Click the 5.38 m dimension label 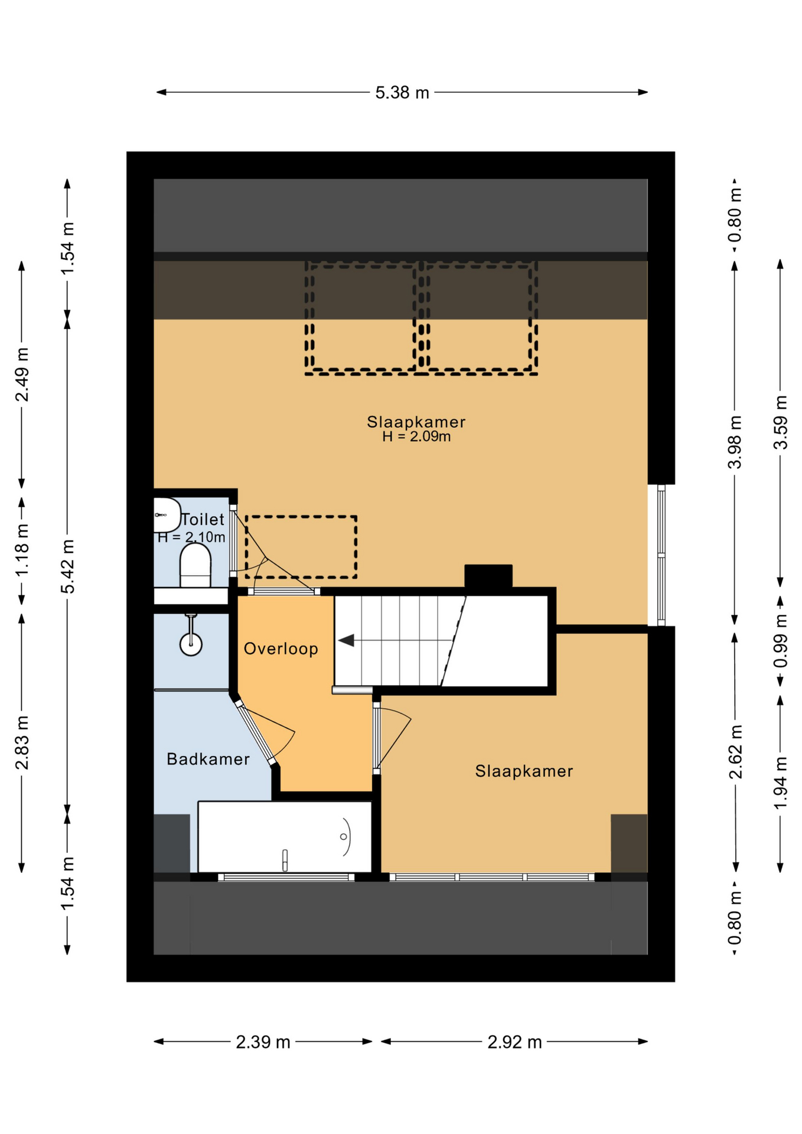point(402,93)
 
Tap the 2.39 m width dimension point(263,1042)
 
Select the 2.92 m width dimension point(514,1042)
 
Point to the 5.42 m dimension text point(68,566)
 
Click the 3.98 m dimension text point(735,442)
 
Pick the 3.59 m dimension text point(780,422)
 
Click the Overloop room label point(281,649)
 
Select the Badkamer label point(208,759)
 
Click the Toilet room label point(203,519)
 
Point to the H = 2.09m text point(416,436)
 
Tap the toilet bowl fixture point(195,565)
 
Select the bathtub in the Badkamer point(285,837)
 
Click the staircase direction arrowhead point(346,640)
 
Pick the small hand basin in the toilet point(167,515)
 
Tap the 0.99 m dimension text point(780,641)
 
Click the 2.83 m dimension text point(22,742)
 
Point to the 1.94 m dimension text point(780,783)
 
